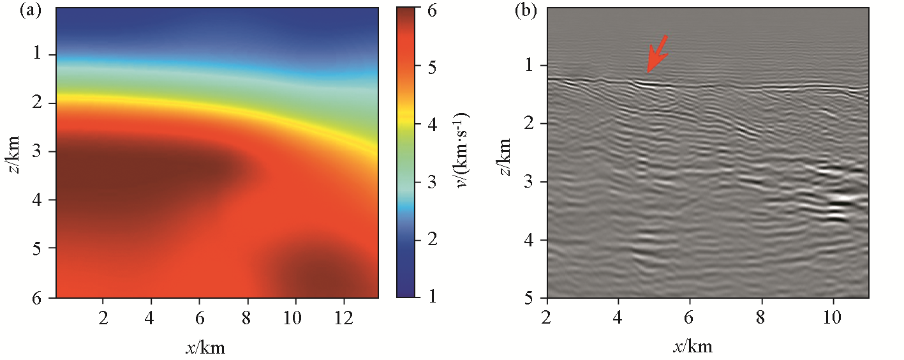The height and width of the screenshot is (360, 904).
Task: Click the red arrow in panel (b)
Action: [x=657, y=54]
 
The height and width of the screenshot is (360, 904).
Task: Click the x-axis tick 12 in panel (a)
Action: [x=343, y=317]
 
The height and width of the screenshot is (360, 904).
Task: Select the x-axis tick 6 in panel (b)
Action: [x=690, y=317]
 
